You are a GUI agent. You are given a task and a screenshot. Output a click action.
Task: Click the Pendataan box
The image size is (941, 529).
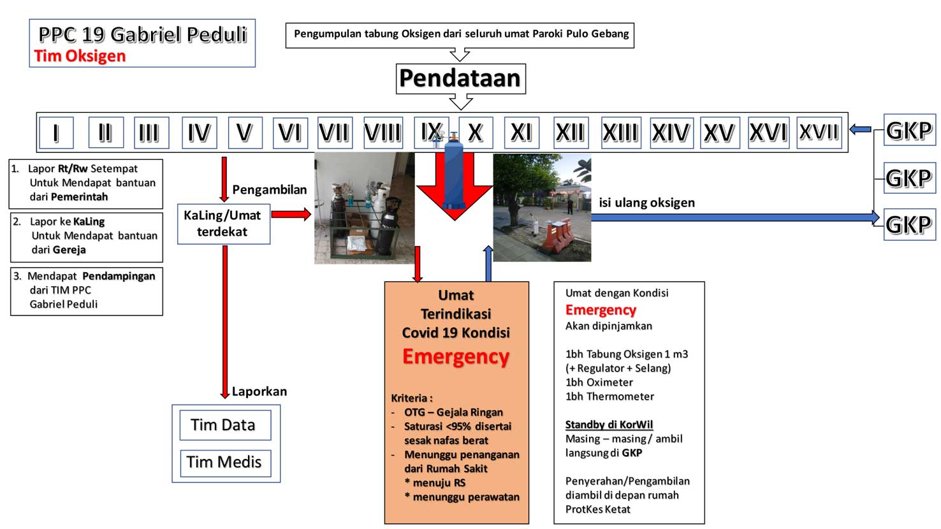point(460,78)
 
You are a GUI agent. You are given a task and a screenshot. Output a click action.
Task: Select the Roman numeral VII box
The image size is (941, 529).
point(335,133)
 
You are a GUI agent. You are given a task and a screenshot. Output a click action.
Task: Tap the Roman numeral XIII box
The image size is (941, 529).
point(621,133)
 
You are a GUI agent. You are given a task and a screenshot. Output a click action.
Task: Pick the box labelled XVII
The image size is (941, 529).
point(819,133)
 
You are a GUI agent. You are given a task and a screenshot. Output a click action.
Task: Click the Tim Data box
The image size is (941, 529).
point(225,425)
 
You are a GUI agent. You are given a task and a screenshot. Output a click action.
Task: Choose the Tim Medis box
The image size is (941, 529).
point(225,463)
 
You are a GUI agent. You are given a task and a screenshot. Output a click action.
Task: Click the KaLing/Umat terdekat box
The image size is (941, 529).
point(224,224)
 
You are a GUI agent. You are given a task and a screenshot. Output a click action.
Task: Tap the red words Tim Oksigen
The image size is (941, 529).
point(80,56)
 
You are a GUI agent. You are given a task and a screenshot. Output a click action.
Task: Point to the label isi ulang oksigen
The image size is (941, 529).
point(647,203)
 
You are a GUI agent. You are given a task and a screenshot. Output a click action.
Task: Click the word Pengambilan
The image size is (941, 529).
point(270,190)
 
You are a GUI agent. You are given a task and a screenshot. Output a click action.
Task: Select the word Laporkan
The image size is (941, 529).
point(259,391)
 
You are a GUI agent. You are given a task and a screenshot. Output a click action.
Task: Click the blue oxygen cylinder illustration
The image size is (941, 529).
point(453,172)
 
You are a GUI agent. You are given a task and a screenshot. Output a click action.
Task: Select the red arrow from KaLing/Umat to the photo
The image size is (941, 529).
point(291,215)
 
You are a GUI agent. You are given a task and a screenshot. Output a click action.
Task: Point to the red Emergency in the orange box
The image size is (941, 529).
point(456,357)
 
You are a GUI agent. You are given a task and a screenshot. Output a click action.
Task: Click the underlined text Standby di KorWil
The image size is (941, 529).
point(609,425)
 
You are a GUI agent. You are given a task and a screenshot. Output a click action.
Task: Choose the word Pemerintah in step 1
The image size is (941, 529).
point(80,197)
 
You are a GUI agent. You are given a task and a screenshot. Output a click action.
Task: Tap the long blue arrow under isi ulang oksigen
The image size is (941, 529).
point(735,217)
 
